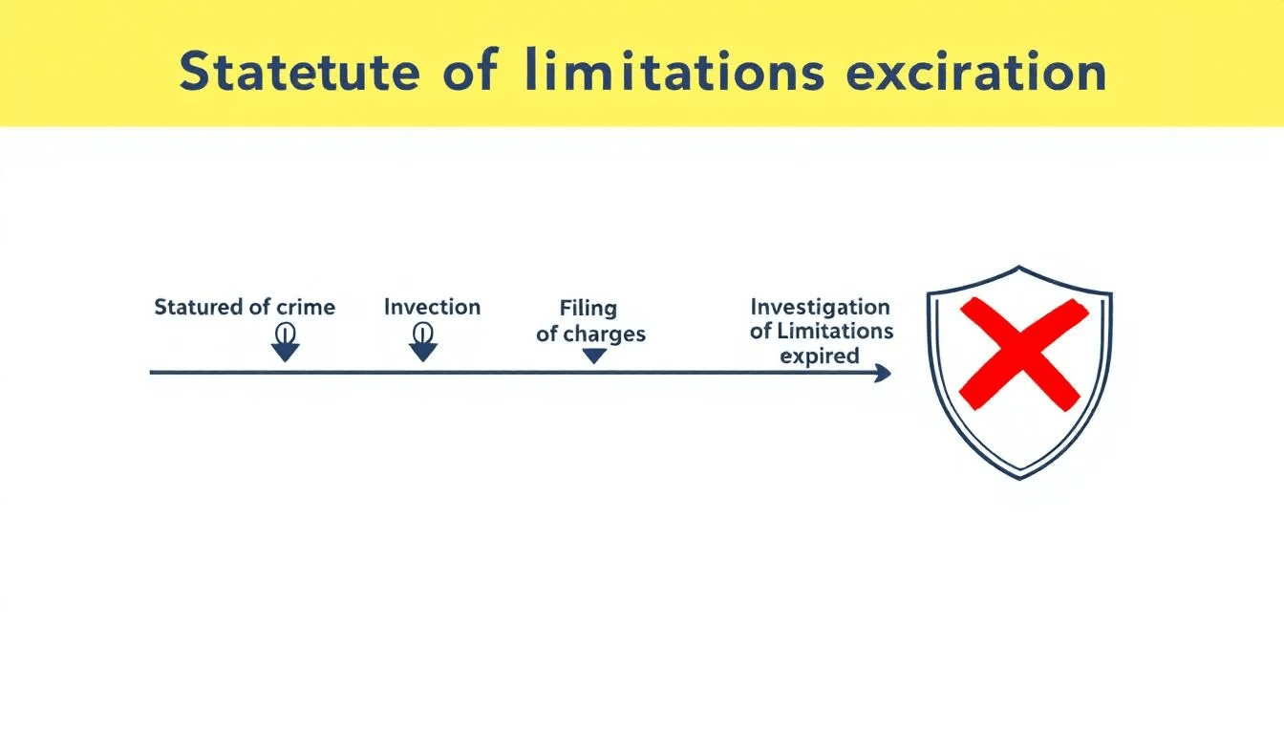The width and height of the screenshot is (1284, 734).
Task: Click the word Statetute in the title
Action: pos(297,73)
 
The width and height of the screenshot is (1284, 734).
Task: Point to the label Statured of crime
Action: pos(245,308)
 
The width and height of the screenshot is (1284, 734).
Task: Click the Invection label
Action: pos(432,308)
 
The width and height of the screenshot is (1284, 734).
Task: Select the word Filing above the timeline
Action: pos(588,309)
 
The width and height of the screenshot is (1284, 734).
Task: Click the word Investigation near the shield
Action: pos(820,307)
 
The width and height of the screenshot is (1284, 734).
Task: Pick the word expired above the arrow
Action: pos(819,356)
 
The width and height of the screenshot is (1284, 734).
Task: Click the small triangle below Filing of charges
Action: pos(594,356)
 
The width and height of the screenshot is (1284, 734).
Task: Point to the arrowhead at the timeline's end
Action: pos(884,373)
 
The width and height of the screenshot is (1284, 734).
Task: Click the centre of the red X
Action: pos(1019,354)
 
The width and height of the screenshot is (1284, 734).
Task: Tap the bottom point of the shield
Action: pos(1020,476)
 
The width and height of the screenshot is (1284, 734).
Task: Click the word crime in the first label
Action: pos(306,308)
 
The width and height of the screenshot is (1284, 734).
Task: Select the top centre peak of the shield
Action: pos(1019,269)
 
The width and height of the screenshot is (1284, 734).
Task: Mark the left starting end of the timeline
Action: pos(152,373)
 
